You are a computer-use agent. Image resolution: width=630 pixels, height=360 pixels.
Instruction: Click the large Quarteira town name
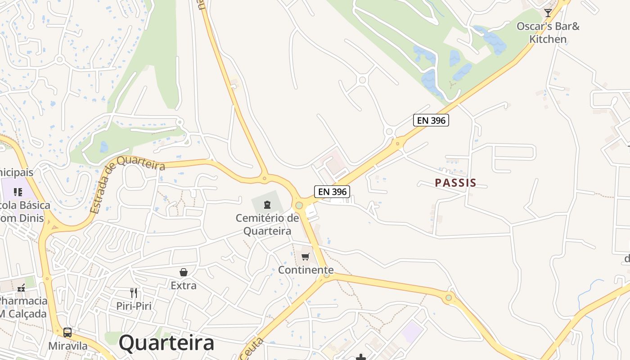(x=166, y=343)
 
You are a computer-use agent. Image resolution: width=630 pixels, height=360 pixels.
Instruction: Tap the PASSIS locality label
(x=455, y=183)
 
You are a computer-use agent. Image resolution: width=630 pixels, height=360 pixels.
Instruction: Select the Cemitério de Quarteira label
(x=267, y=225)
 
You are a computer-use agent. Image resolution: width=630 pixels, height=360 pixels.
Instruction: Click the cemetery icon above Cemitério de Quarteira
(x=267, y=205)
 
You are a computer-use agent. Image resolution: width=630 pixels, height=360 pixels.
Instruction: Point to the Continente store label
(x=306, y=270)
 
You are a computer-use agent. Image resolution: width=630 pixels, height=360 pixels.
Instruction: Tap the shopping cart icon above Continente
(x=306, y=256)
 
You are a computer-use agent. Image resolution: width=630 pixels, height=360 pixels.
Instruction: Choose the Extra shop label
(x=184, y=285)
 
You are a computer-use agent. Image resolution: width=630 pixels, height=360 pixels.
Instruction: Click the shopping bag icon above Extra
(x=184, y=272)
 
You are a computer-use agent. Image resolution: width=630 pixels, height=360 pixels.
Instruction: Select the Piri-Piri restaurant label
(x=134, y=306)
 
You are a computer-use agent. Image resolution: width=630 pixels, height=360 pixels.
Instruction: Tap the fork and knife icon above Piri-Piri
(x=134, y=293)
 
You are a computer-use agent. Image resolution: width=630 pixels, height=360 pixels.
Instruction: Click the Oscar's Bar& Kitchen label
(x=548, y=32)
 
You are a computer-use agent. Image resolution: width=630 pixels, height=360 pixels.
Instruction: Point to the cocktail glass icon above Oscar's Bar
(x=548, y=13)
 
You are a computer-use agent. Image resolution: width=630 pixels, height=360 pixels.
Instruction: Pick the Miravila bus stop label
(x=68, y=346)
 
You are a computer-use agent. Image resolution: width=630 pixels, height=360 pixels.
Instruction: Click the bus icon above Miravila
(x=67, y=333)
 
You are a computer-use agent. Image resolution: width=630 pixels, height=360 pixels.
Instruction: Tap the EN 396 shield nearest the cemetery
(x=332, y=192)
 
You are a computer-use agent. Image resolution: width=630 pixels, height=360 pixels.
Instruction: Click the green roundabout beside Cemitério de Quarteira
(x=299, y=205)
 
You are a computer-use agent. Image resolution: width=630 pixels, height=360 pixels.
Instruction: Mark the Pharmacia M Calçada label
(x=22, y=307)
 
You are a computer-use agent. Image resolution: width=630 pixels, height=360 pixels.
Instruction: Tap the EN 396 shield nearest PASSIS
(x=431, y=120)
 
